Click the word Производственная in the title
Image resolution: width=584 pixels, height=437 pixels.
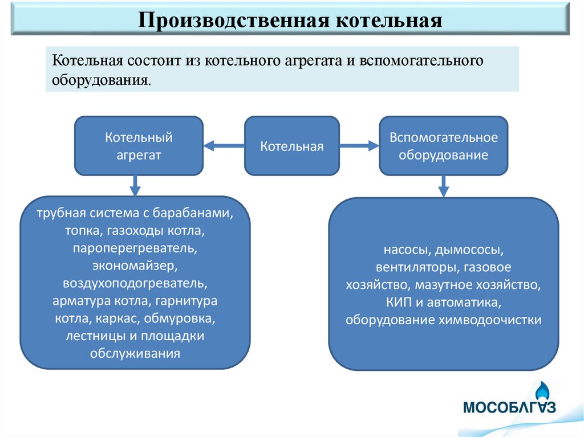pyautogui.click(x=229, y=21)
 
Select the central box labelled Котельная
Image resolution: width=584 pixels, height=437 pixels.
pyautogui.click(x=292, y=146)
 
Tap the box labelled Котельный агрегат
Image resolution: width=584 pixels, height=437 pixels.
pyautogui.click(x=139, y=146)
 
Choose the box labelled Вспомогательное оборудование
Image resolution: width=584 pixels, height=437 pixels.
pyautogui.click(x=444, y=146)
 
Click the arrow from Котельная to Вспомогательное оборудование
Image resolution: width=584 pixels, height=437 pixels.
pyautogui.click(x=359, y=146)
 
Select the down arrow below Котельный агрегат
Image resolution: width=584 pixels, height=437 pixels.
pyautogui.click(x=135, y=185)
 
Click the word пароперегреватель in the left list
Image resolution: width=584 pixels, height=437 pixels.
pyautogui.click(x=135, y=248)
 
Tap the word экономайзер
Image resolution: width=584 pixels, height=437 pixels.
pyautogui.click(x=135, y=266)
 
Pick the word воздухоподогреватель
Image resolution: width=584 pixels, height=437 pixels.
pyautogui.click(x=135, y=283)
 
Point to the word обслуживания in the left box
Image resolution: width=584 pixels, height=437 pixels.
pyautogui.click(x=135, y=353)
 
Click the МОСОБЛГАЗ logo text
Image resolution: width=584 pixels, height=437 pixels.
pyautogui.click(x=509, y=408)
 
